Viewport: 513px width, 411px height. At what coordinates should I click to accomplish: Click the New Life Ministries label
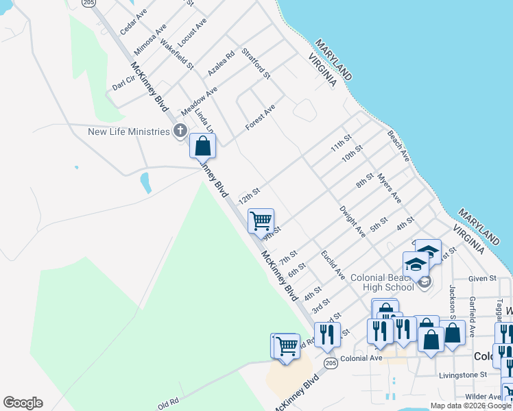[x=128, y=131]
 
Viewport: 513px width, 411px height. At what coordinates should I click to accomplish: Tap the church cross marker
[x=180, y=130]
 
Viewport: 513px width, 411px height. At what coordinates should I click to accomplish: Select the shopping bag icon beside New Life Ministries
[x=202, y=146]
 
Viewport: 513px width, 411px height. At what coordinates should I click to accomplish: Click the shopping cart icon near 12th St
[x=261, y=221]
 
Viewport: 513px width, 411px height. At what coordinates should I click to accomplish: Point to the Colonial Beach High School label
[x=382, y=282]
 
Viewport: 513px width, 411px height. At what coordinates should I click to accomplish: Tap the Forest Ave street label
[x=261, y=118]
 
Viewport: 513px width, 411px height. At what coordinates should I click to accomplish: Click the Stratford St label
[x=256, y=62]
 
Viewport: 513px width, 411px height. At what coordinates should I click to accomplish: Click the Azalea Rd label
[x=222, y=62]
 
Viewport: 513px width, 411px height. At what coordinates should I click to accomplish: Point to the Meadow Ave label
[x=199, y=101]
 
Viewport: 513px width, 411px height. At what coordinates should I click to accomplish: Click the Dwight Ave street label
[x=353, y=221]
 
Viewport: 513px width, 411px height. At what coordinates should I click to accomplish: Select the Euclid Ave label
[x=333, y=264]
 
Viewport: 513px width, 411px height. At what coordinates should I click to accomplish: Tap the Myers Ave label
[x=389, y=187]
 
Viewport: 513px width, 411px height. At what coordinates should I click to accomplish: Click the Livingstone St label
[x=463, y=375]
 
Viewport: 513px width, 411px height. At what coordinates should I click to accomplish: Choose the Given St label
[x=483, y=279]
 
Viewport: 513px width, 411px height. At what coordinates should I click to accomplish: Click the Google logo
[x=23, y=403]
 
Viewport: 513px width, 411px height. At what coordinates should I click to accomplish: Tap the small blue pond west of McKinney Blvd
[x=145, y=183]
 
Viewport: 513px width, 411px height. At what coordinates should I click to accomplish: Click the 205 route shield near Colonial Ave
[x=331, y=364]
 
